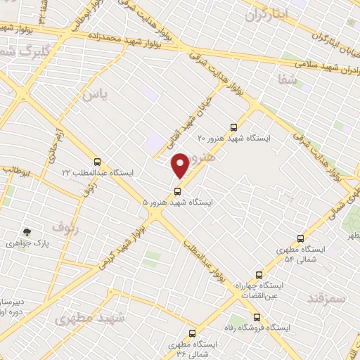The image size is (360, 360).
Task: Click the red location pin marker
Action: point(181,165)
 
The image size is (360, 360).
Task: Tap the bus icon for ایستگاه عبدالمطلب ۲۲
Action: point(97,162)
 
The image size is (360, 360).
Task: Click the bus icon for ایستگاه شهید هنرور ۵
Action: point(176,191)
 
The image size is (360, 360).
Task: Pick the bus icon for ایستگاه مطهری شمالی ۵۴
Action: point(301,238)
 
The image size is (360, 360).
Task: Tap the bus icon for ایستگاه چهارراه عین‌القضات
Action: point(259,274)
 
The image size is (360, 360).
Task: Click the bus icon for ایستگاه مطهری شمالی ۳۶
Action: point(191,333)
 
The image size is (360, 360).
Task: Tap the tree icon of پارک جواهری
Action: point(27,232)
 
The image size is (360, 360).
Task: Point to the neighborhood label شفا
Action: point(288,81)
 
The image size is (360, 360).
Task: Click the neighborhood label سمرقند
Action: point(327,298)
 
